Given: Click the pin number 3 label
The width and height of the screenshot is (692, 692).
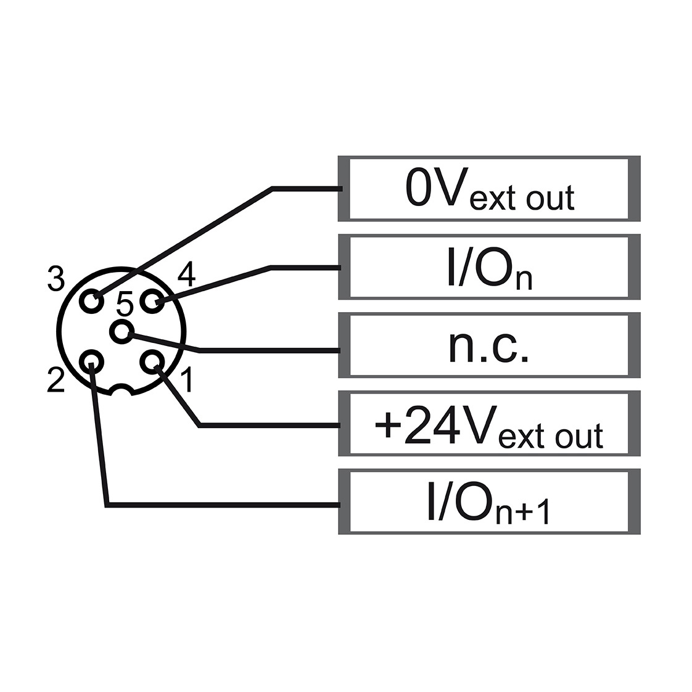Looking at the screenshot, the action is tap(56, 279).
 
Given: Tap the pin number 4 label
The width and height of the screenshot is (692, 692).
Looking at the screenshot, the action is tap(186, 274).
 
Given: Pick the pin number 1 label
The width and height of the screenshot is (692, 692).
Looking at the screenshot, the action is tap(187, 379).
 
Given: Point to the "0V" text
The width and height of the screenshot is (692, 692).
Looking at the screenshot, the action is tap(437, 187).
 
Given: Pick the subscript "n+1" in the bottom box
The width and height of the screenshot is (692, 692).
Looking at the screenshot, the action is tap(522, 512).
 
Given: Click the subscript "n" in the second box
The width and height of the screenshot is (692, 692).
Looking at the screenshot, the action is tap(524, 280).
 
